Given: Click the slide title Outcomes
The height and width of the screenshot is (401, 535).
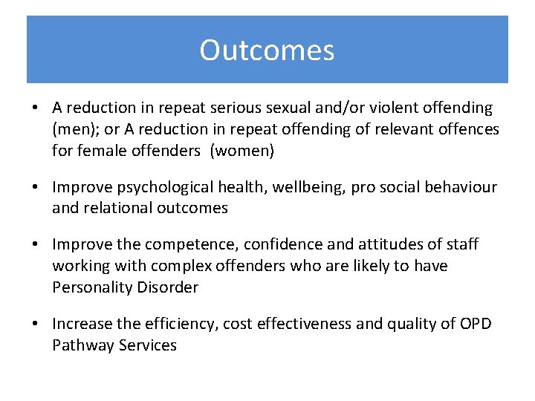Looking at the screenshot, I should (267, 50).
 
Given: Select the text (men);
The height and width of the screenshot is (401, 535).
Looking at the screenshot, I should (75, 130).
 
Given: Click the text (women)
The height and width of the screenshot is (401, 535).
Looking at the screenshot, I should (242, 151).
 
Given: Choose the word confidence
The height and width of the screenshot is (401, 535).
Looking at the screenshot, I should (285, 244).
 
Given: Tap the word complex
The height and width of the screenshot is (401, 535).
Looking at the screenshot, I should (180, 266).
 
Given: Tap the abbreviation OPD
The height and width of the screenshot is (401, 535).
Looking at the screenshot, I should (476, 323).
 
